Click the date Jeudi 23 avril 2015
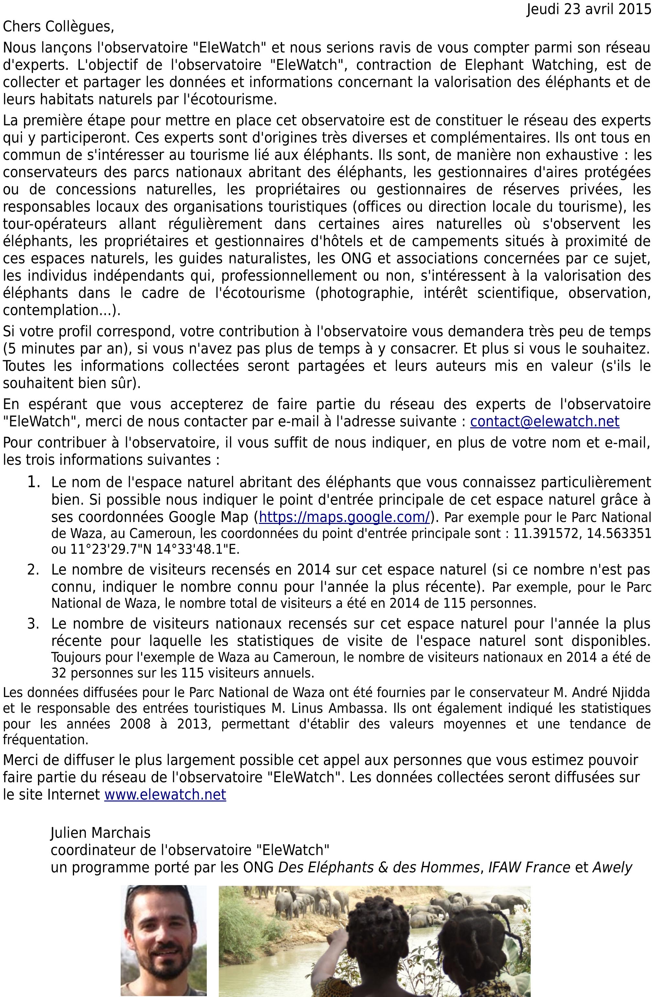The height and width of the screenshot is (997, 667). pos(589,9)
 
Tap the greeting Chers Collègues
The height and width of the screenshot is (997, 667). pos(58,27)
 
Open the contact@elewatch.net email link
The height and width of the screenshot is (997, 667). pos(544,421)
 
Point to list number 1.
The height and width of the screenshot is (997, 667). pos(34,482)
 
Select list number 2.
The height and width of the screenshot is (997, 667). pos(34,569)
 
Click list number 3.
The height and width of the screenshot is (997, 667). pos(34,624)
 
